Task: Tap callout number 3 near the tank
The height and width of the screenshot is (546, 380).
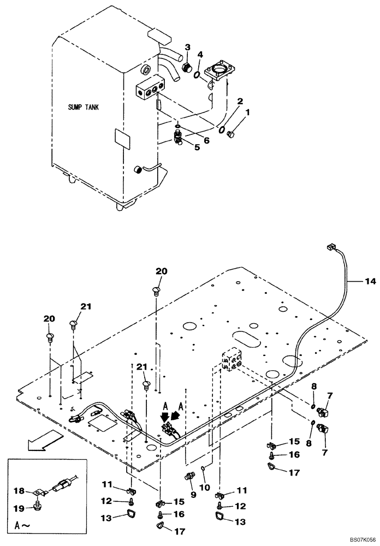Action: coord(187,48)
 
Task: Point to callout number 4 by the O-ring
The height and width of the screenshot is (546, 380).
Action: coord(200,55)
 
